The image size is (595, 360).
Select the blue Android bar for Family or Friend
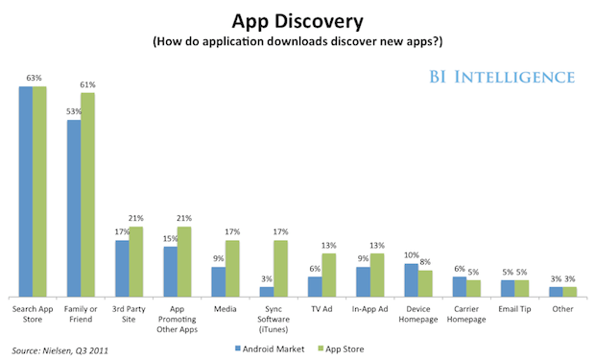[74, 208]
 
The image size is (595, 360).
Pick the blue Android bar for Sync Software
[267, 292]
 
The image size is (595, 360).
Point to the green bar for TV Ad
[329, 275]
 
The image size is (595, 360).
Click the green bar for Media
[232, 269]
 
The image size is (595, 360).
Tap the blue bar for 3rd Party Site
[122, 268]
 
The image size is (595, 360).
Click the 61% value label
[88, 85]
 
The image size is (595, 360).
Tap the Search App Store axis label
[34, 313]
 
